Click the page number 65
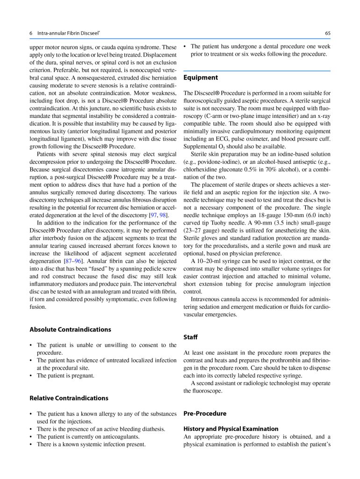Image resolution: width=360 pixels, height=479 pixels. pyautogui.click(x=328, y=33)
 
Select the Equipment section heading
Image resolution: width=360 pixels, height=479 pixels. pyautogui.click(x=200, y=77)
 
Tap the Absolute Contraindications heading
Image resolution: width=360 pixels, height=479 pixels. pyautogui.click(x=70, y=329)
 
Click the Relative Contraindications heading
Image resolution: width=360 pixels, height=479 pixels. pyautogui.click(x=69, y=398)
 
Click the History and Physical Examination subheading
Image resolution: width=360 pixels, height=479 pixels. pyautogui.click(x=230, y=428)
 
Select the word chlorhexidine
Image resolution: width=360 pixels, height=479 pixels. pyautogui.click(x=203, y=169)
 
